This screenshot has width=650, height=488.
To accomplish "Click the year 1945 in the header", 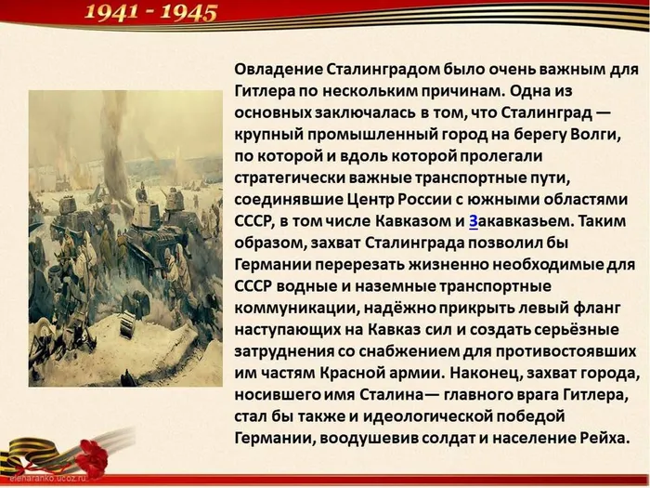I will [x=188, y=12].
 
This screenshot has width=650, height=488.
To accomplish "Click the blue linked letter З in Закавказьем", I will [x=474, y=221].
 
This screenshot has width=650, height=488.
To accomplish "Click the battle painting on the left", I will [x=125, y=237].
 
